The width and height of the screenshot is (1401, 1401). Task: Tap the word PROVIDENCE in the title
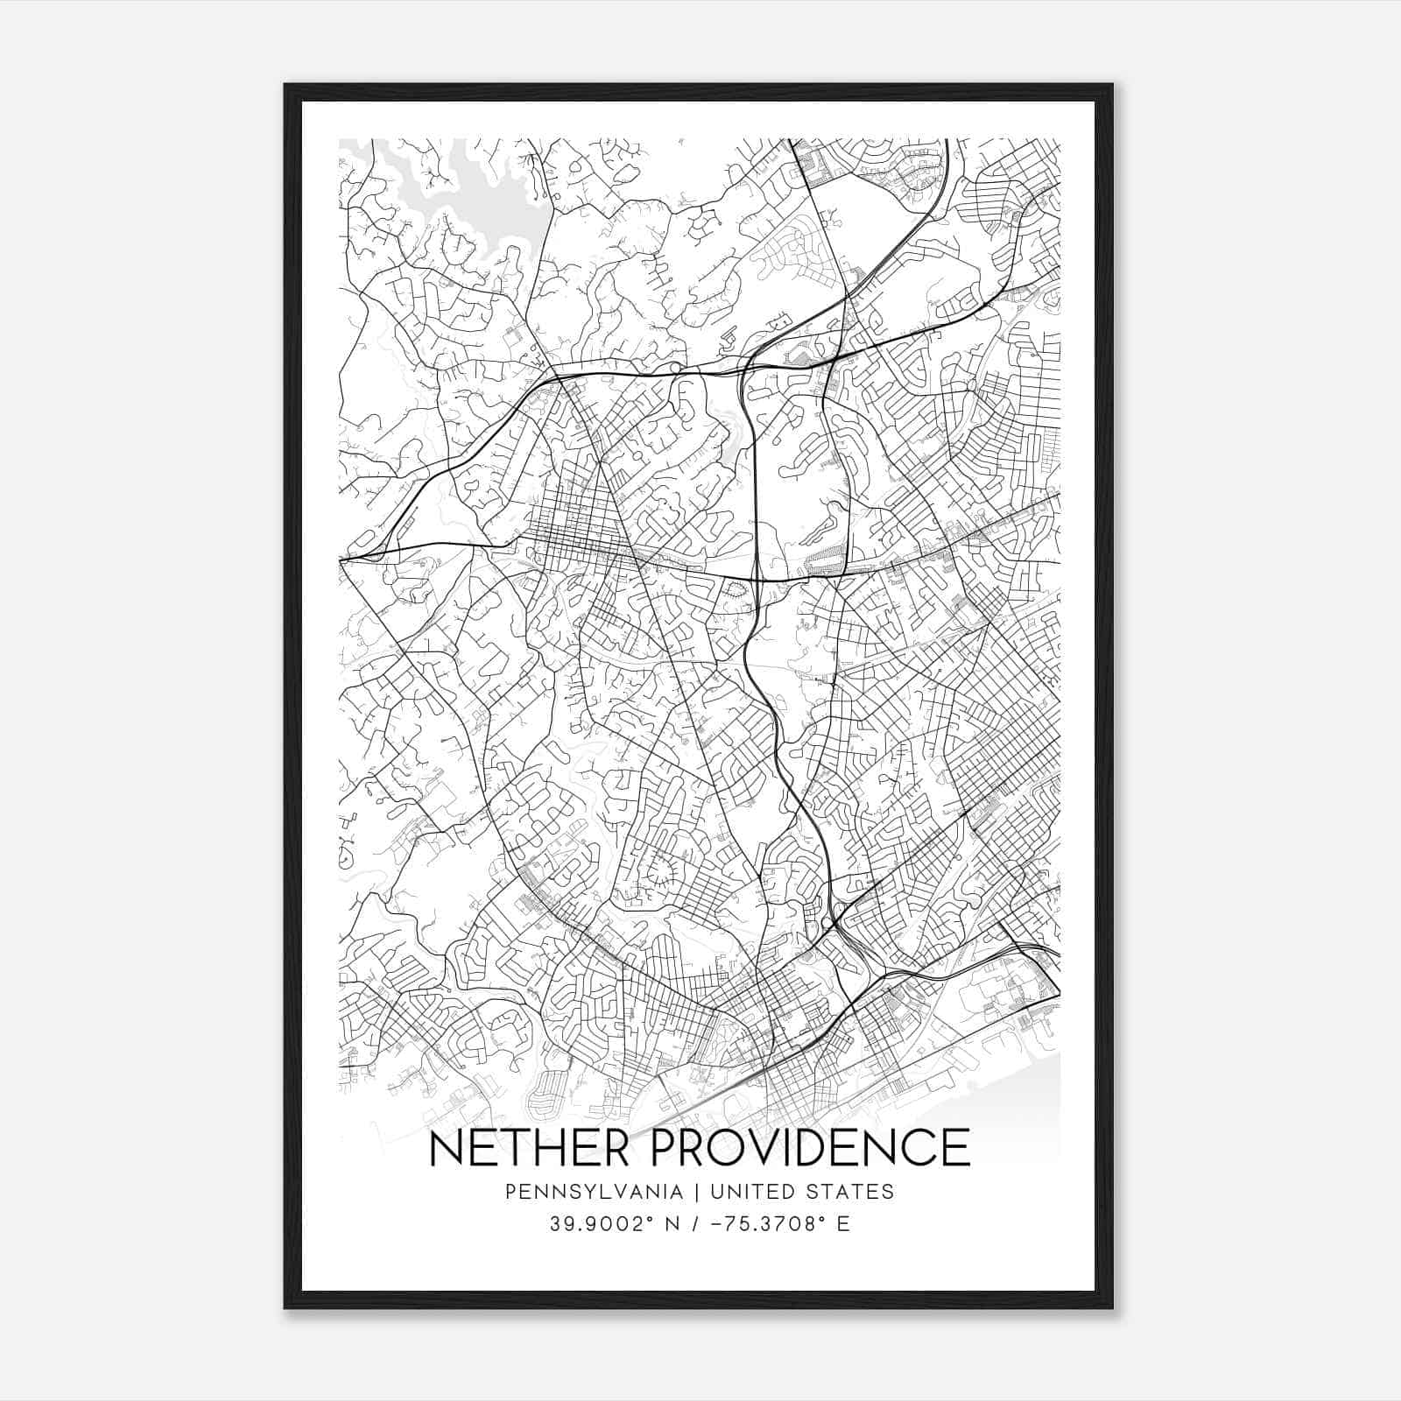tap(811, 1148)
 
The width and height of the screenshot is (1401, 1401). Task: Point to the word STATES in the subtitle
tap(858, 1192)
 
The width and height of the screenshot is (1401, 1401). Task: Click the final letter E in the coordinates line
tap(843, 1224)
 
